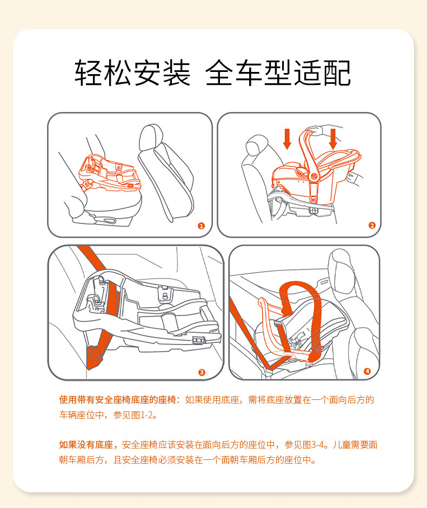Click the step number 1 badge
(x=201, y=226)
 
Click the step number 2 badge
(x=372, y=226)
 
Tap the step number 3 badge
(x=202, y=372)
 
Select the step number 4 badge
(x=367, y=371)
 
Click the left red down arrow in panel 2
(x=287, y=139)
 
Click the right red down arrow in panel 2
(x=333, y=139)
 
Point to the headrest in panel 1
(x=151, y=137)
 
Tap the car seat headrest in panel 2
(x=257, y=145)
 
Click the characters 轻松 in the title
(x=103, y=73)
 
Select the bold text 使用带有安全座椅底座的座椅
(x=117, y=400)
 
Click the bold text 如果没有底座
(x=86, y=445)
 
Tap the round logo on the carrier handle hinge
(x=313, y=177)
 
